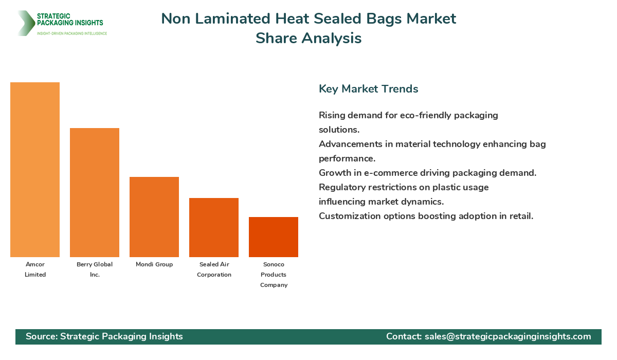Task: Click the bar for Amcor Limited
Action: [x=35, y=170]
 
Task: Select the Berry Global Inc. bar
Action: [x=95, y=192]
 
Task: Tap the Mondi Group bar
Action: [x=154, y=217]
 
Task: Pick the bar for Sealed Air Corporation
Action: [x=214, y=227]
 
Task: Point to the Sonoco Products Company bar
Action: [x=274, y=237]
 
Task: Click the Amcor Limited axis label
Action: [x=35, y=269]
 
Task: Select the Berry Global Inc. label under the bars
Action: [x=95, y=269]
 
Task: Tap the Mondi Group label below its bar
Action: [x=154, y=264]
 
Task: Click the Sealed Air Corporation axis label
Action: [x=214, y=269]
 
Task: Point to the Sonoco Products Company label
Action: [x=274, y=275]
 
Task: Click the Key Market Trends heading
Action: [x=368, y=88]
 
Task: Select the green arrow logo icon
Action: [x=25, y=23]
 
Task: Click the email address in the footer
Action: [x=507, y=336]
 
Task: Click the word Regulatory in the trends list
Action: [x=341, y=187]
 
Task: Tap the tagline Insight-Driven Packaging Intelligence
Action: [x=71, y=33]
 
